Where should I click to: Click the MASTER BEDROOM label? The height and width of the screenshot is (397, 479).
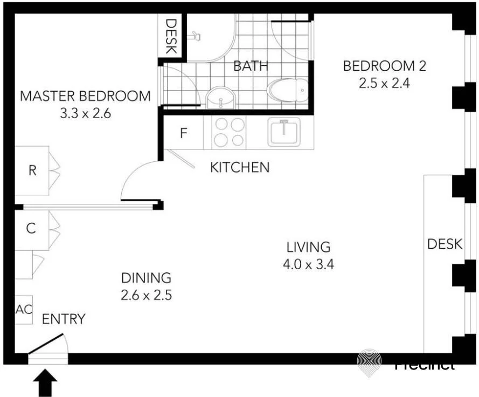85,97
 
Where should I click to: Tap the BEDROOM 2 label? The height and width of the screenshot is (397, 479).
384,66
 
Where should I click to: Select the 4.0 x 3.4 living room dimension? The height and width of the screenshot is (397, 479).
308,264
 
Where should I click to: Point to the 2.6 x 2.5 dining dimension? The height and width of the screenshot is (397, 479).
146,295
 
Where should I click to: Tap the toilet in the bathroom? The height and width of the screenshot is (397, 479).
288,90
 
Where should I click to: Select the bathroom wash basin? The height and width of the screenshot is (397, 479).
220,97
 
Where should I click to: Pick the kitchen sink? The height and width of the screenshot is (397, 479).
283,132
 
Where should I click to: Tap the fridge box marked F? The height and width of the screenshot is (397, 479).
183,133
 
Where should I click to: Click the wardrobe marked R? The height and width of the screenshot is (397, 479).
32,170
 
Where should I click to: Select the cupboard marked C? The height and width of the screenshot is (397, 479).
31,229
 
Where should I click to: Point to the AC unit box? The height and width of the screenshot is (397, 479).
23,310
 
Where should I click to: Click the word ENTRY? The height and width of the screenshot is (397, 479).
64,319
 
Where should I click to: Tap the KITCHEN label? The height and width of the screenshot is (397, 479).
239,167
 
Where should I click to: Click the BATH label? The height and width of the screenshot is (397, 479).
251,66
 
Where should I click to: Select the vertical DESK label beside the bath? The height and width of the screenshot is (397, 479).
171,36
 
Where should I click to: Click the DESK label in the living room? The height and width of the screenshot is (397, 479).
445,244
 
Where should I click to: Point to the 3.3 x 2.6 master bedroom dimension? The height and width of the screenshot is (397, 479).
85,114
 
